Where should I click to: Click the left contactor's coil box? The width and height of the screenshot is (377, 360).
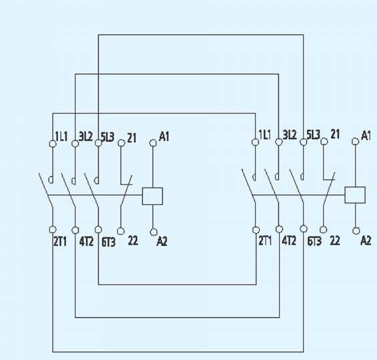point(152,196)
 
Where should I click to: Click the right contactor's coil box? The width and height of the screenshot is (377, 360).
point(355,195)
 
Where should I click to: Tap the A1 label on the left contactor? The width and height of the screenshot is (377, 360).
point(164,136)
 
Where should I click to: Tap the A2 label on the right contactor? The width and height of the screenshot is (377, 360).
point(366,240)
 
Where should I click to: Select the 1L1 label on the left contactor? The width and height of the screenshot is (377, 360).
point(61,136)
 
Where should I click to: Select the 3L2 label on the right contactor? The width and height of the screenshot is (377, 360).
point(290,135)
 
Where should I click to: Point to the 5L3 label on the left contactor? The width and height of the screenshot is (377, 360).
point(107,137)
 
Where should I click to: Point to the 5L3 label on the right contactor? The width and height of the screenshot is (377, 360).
point(314,135)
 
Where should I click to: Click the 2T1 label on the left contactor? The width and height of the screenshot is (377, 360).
point(60,242)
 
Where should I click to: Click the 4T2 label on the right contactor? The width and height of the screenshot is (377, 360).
point(289,240)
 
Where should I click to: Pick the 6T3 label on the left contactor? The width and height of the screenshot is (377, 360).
point(109,242)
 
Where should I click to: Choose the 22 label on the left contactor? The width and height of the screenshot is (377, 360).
point(133,240)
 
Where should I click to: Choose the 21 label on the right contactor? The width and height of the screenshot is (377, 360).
point(335,134)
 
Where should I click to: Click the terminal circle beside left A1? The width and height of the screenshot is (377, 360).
point(153,143)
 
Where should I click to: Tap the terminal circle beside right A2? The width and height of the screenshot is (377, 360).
point(356,231)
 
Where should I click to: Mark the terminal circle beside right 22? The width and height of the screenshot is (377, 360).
point(324,230)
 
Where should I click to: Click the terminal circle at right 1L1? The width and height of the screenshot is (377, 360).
point(256,142)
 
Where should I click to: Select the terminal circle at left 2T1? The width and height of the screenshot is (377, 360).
point(53,230)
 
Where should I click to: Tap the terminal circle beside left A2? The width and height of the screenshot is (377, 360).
point(153,232)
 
